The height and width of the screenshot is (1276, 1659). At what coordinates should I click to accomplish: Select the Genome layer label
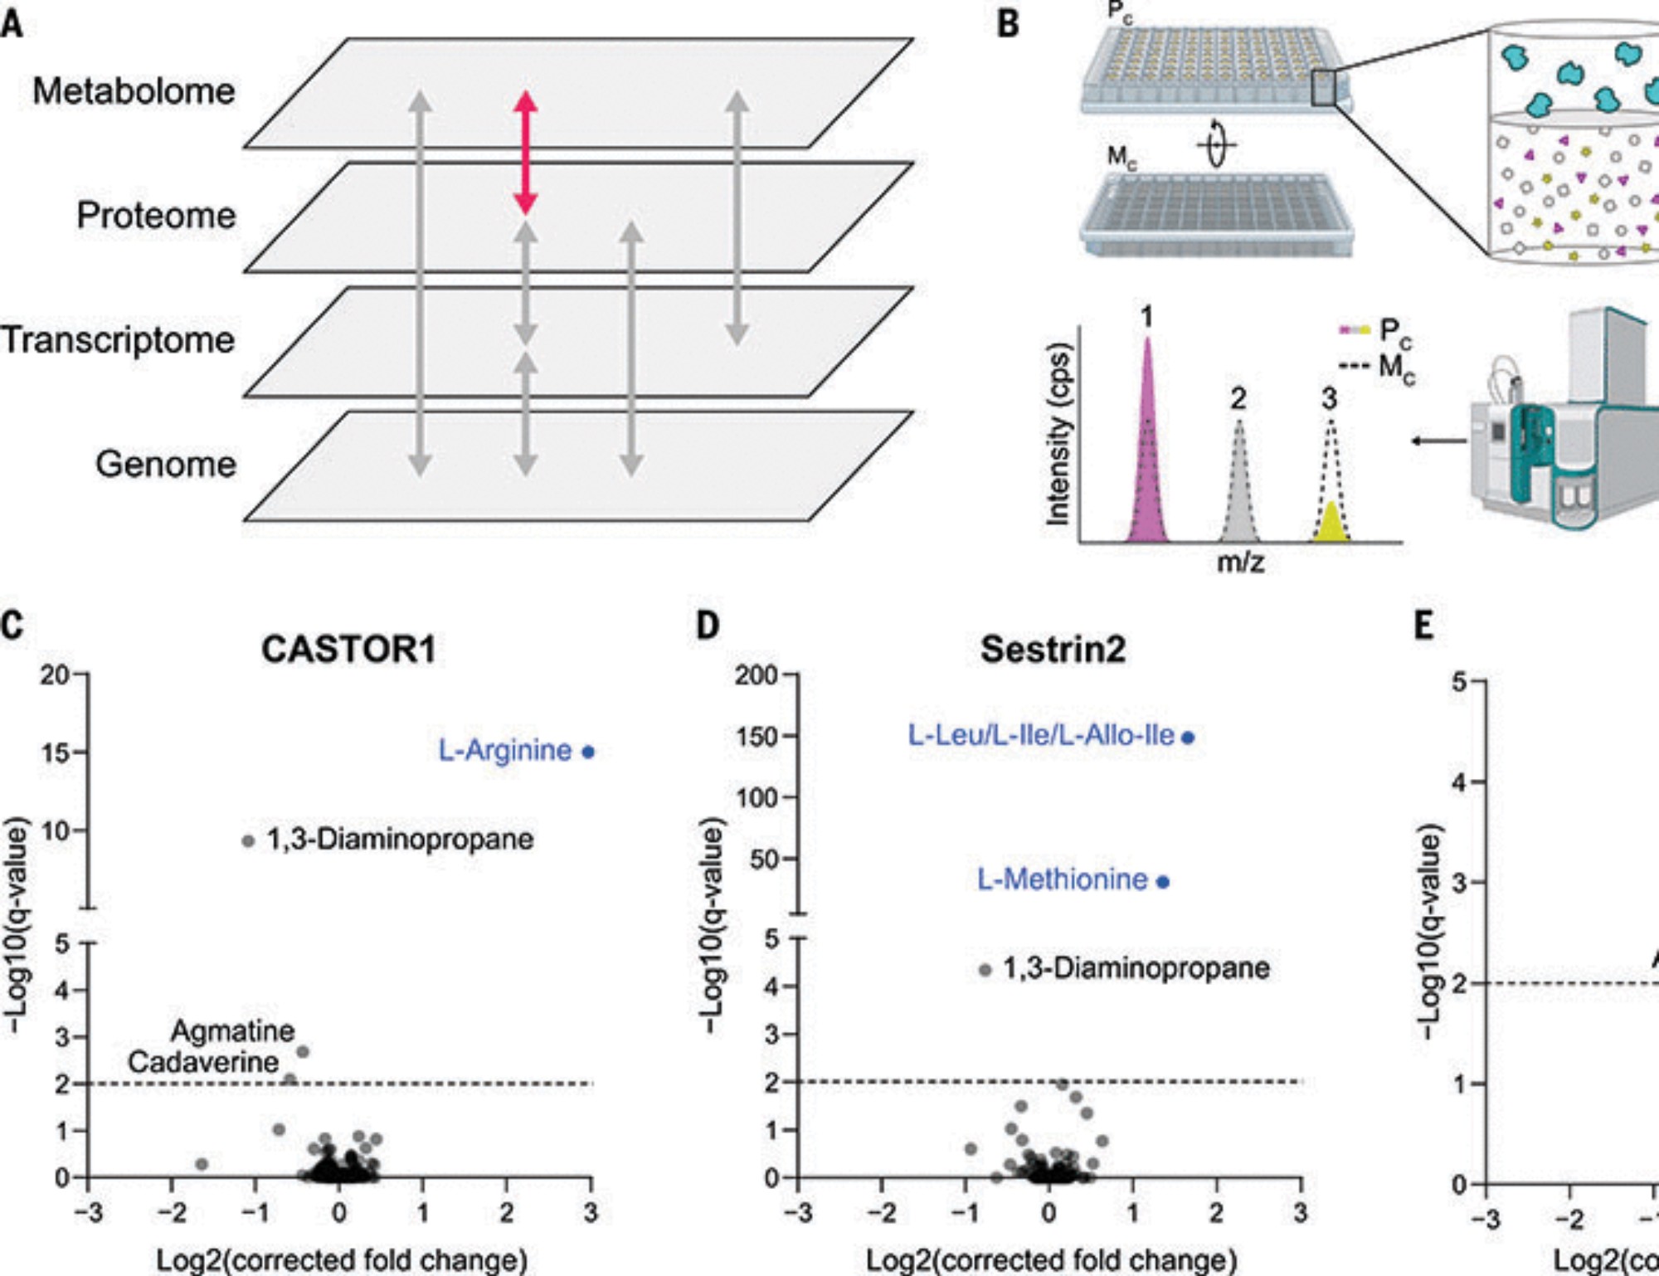pyautogui.click(x=166, y=464)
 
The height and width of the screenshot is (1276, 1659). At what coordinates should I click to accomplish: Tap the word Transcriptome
pyautogui.click(x=118, y=340)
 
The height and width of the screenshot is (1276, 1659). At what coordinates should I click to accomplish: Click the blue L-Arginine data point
pyautogui.click(x=588, y=752)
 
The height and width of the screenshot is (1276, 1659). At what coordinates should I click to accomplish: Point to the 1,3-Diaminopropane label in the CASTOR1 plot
pyautogui.click(x=400, y=840)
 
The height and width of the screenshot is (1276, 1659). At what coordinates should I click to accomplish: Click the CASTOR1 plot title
pyautogui.click(x=348, y=650)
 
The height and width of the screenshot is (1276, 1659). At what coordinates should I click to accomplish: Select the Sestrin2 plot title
pyautogui.click(x=1053, y=650)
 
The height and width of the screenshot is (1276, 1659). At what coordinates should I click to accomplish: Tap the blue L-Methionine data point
pyautogui.click(x=1163, y=882)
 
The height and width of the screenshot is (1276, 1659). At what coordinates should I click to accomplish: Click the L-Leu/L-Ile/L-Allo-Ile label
pyautogui.click(x=1041, y=735)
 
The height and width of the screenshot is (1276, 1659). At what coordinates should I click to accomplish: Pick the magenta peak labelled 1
pyautogui.click(x=1147, y=465)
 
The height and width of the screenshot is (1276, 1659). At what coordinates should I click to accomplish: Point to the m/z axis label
pyautogui.click(x=1240, y=563)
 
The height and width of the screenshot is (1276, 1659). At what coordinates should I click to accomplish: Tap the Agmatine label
pyautogui.click(x=232, y=1031)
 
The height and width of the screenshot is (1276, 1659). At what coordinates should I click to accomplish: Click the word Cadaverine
pyautogui.click(x=203, y=1062)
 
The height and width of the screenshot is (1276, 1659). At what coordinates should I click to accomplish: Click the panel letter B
pyautogui.click(x=1008, y=23)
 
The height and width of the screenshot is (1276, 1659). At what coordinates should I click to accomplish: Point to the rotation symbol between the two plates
pyautogui.click(x=1217, y=144)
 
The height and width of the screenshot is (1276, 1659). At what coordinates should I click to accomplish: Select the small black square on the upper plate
pyautogui.click(x=1323, y=89)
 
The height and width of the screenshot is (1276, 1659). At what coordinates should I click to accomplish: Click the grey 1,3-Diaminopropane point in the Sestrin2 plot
pyautogui.click(x=985, y=969)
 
